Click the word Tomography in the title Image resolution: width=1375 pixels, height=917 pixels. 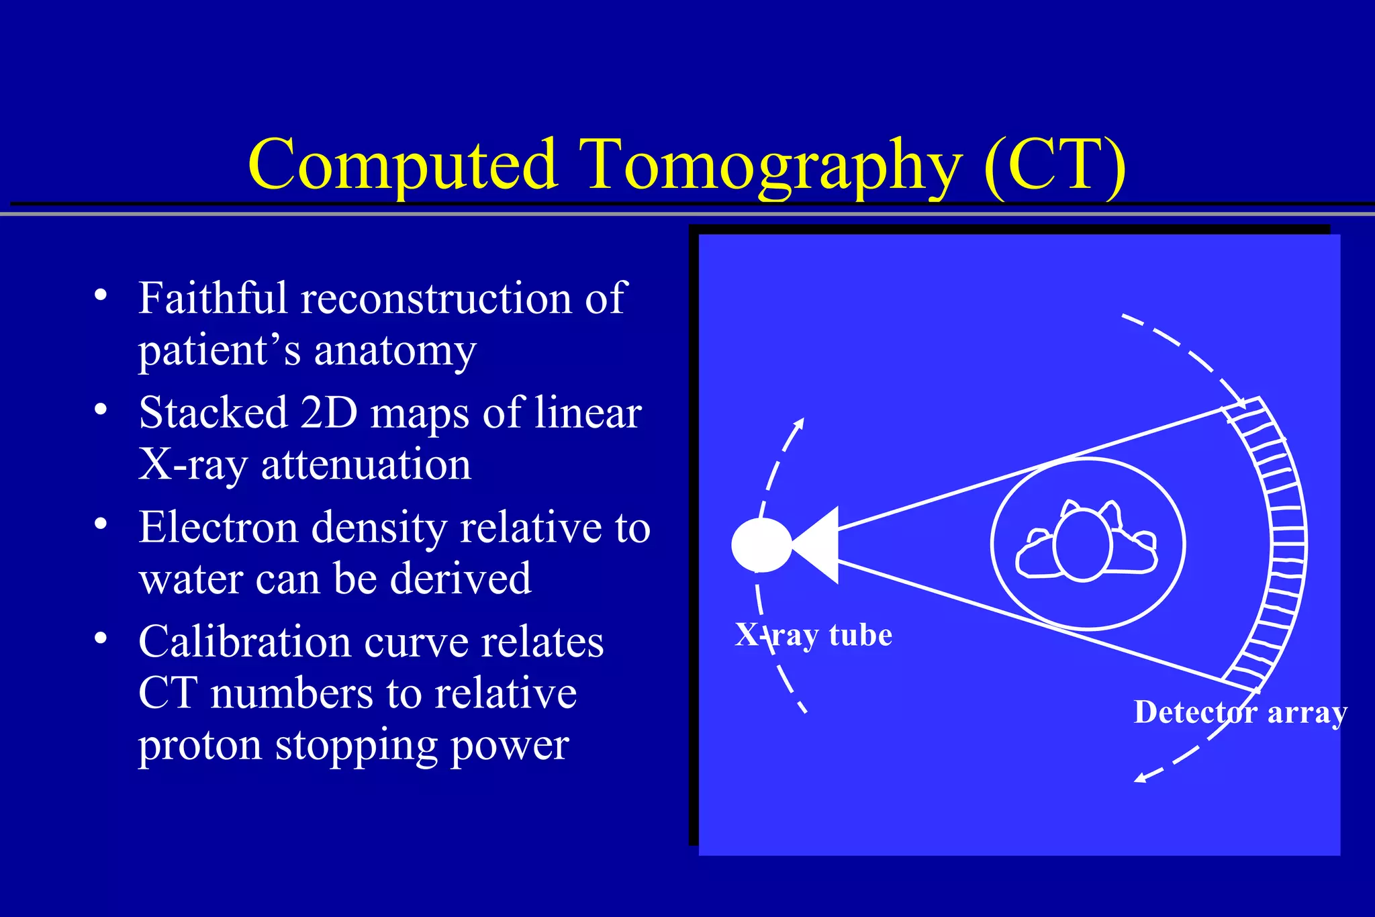tap(771, 165)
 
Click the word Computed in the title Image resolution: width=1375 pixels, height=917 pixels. tap(403, 165)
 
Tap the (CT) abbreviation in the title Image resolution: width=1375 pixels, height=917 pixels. tap(1055, 165)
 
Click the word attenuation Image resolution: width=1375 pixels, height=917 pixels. tap(366, 465)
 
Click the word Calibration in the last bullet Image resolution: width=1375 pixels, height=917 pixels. tap(244, 642)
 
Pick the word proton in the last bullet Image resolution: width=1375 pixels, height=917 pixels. tap(200, 745)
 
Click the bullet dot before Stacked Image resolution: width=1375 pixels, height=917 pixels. tap(101, 409)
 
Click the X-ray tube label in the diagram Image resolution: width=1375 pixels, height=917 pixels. tap(813, 635)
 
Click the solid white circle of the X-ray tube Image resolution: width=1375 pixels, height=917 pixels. tap(761, 545)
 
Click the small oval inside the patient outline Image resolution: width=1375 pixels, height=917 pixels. tap(1083, 545)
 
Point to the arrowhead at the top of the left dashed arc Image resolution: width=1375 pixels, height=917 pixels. tap(799, 424)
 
